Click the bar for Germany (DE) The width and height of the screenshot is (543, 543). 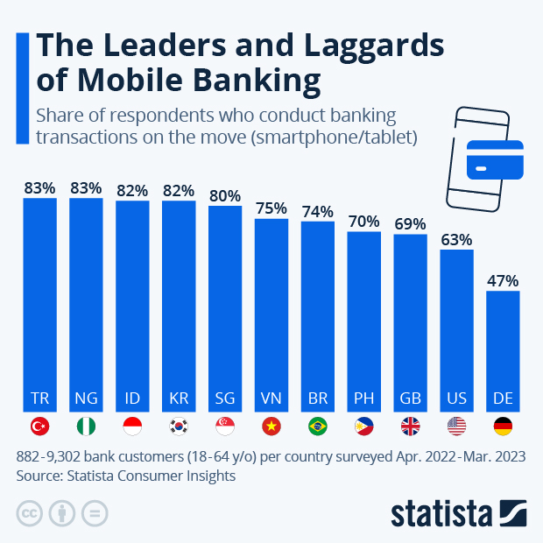503,350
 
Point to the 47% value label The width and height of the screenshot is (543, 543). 503,281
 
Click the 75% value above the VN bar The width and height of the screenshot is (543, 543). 271,208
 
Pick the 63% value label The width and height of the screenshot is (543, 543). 456,239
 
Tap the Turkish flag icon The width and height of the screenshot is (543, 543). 39,427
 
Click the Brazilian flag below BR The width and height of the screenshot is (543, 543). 317,427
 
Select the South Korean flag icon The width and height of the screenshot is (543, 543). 179,427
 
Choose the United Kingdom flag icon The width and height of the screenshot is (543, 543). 410,427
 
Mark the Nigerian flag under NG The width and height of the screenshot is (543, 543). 86,427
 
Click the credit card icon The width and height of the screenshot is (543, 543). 495,159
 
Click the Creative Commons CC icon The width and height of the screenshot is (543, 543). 30,513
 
